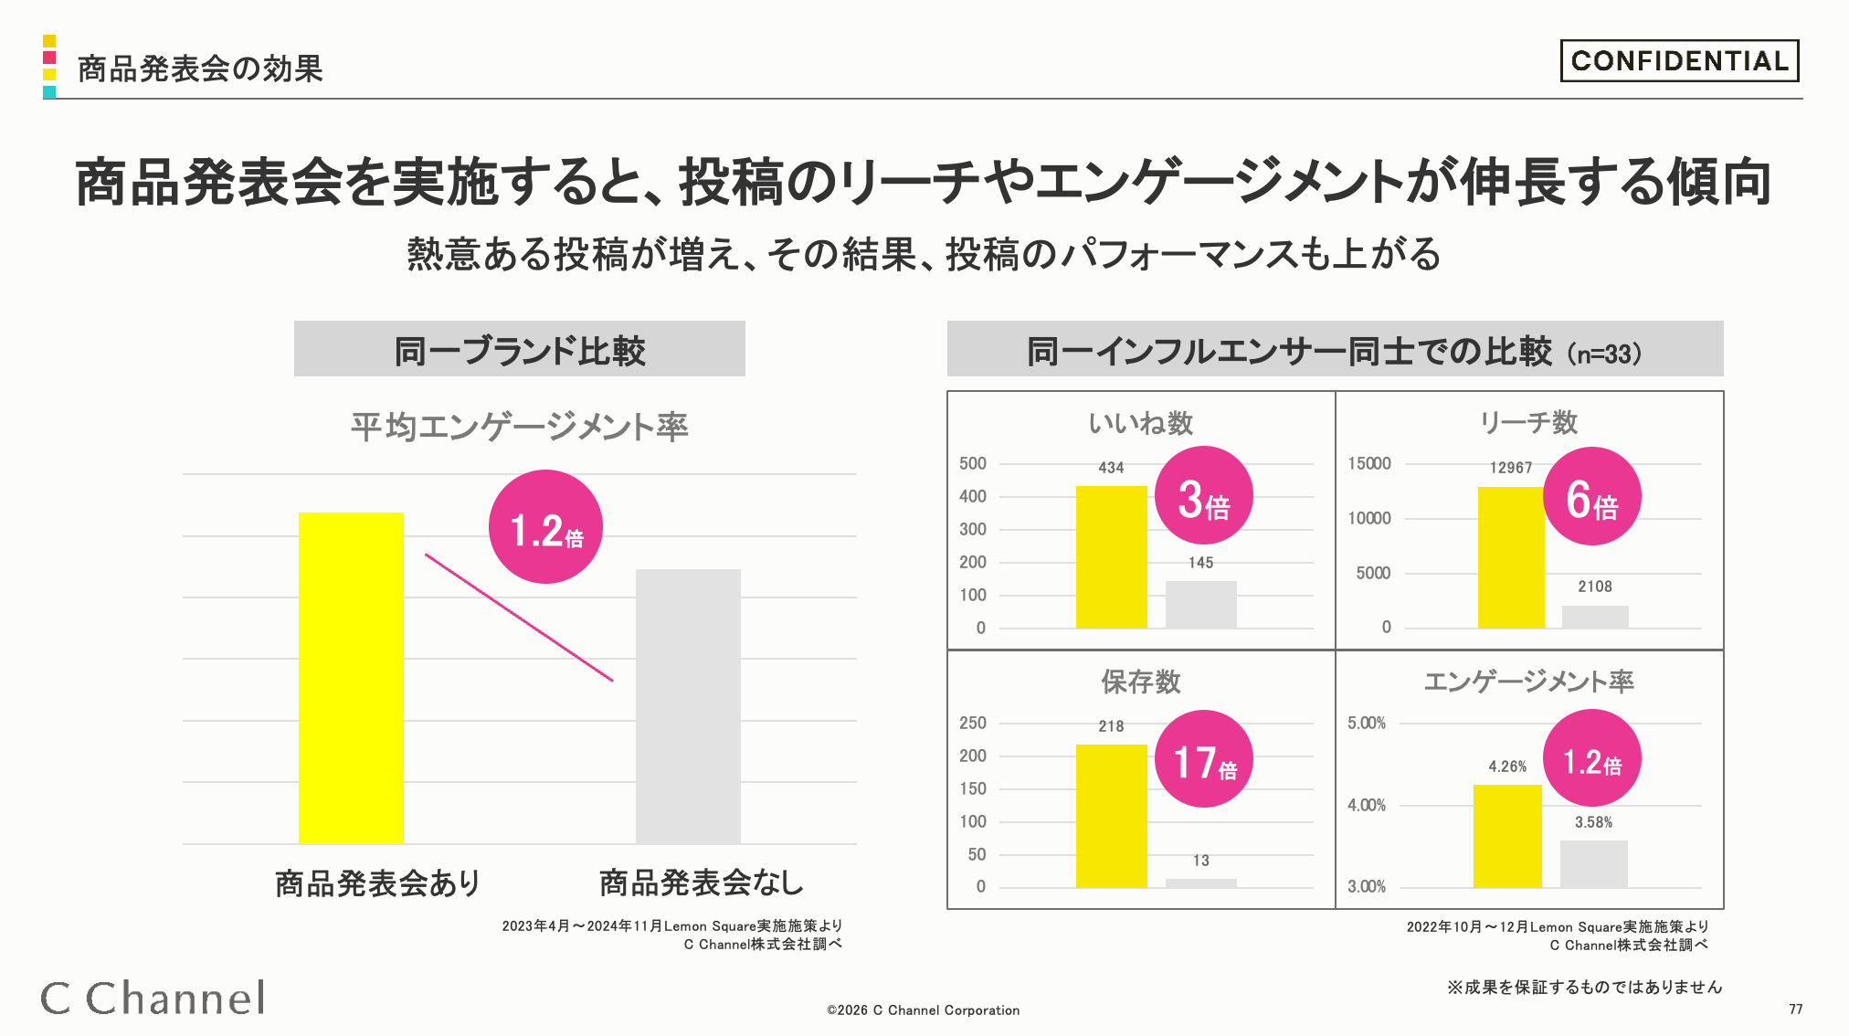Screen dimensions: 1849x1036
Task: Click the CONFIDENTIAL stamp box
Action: [x=1679, y=60]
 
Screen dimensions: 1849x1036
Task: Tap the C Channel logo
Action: [x=153, y=998]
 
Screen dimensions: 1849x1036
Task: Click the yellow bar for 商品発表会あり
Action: [x=351, y=678]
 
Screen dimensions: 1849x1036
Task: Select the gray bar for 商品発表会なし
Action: [x=688, y=706]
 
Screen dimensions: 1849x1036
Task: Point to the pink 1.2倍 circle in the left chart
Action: [x=545, y=527]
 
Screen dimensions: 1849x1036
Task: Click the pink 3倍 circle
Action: [x=1203, y=496]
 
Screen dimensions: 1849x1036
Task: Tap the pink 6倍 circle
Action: [x=1592, y=496]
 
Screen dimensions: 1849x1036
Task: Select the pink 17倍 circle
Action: [x=1203, y=759]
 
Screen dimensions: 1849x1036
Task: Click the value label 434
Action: [x=1111, y=468]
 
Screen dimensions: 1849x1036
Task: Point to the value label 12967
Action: [x=1511, y=468]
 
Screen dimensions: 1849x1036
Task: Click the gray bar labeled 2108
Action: [x=1595, y=617]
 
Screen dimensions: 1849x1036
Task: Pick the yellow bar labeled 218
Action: [x=1111, y=816]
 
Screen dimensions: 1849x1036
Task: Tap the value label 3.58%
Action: [x=1593, y=822]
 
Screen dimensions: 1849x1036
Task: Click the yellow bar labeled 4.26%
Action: [x=1507, y=836]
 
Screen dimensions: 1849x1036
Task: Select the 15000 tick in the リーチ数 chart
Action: [x=1369, y=463]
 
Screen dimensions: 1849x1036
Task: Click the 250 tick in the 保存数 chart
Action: [x=973, y=723]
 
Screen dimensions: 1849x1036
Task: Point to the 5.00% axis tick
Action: [x=1367, y=723]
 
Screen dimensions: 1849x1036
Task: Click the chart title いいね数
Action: [x=1141, y=423]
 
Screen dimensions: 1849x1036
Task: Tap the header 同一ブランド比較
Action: [x=520, y=350]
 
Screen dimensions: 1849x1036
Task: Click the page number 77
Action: [x=1796, y=1010]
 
